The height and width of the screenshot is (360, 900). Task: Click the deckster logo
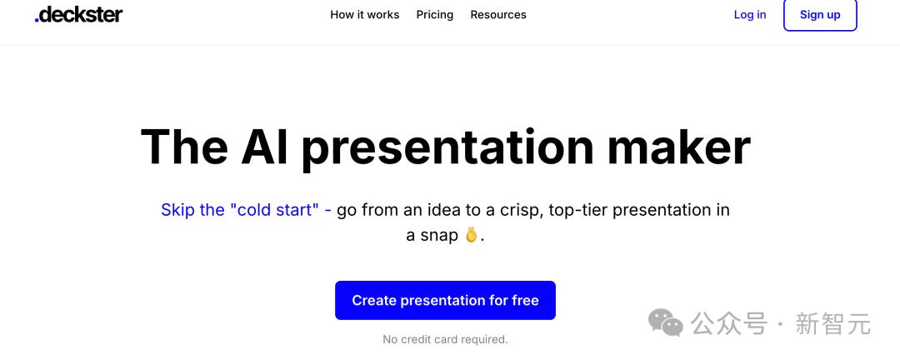[78, 14]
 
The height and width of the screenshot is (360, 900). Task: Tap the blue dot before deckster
[37, 21]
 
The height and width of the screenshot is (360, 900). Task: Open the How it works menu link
[364, 15]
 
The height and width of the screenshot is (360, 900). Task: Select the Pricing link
[434, 15]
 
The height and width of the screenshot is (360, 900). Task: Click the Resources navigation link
[498, 15]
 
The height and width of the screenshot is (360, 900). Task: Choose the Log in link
[750, 15]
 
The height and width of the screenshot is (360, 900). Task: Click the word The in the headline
[183, 147]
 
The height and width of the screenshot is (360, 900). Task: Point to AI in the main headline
[267, 147]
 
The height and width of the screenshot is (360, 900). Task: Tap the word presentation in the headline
[448, 149]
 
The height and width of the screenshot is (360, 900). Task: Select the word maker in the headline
[679, 147]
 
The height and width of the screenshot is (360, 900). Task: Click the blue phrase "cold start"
[274, 209]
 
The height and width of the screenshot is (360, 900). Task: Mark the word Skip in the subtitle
[178, 211]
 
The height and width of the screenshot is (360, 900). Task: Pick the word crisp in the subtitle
[521, 211]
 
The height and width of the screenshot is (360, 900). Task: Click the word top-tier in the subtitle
[578, 211]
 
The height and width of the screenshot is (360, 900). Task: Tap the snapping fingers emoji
[471, 235]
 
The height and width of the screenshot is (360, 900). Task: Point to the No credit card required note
[445, 339]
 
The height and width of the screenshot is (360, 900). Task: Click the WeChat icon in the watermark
[666, 322]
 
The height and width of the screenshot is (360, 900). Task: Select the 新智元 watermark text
[832, 324]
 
